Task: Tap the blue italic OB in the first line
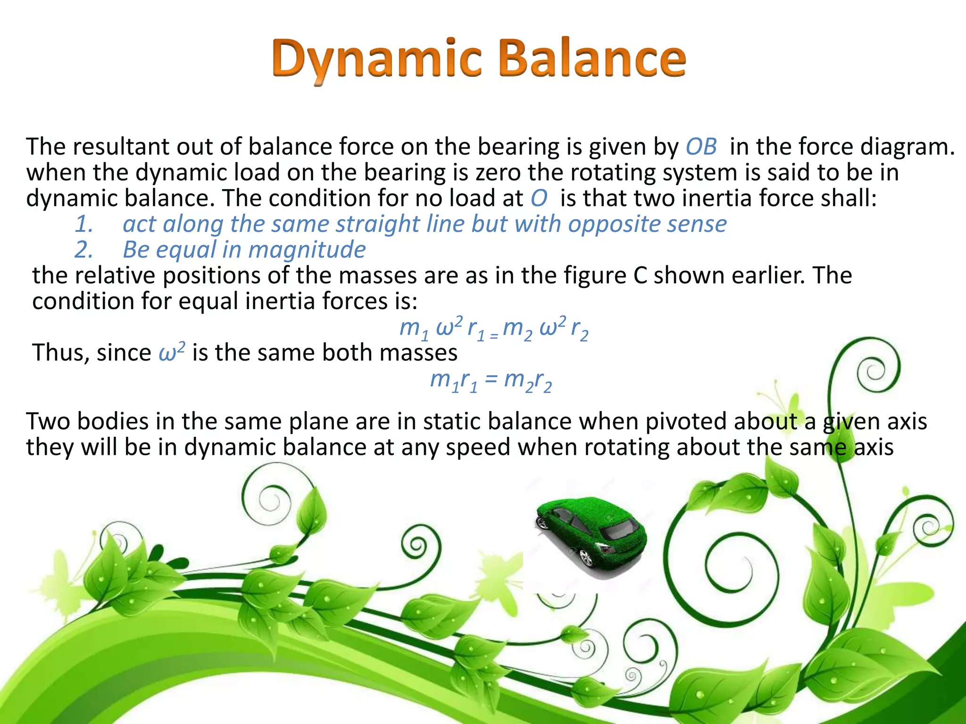click(x=701, y=147)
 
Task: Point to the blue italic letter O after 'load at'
click(x=539, y=198)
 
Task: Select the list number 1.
click(x=83, y=224)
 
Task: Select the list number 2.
click(x=83, y=250)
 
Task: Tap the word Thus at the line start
click(x=60, y=353)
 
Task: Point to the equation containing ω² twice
click(x=493, y=328)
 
